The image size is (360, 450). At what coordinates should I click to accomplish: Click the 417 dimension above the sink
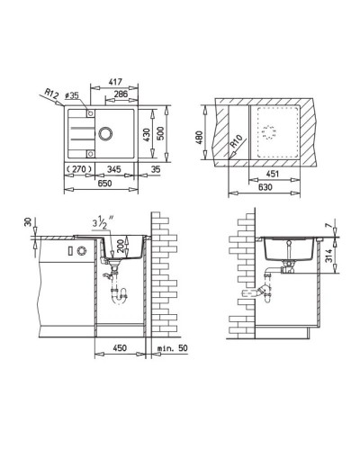point(115,81)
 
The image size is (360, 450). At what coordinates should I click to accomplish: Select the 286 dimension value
point(121,94)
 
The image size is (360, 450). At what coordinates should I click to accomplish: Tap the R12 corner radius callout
point(51,94)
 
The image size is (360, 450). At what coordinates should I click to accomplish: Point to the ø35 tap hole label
point(72,95)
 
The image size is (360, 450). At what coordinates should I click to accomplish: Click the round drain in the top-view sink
point(105,133)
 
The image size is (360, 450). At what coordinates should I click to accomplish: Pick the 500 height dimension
point(161,134)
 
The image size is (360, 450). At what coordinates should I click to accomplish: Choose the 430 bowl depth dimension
point(146,135)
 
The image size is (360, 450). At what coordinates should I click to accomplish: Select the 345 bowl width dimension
point(114,169)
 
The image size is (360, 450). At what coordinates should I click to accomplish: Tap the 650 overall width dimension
point(104,183)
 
